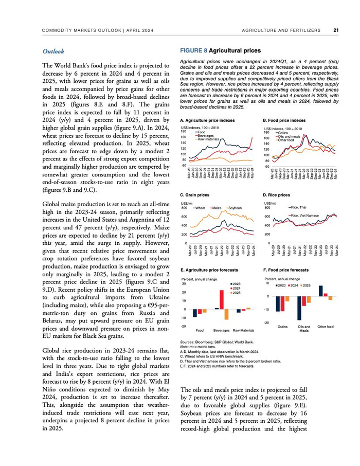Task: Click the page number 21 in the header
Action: click(x=335, y=30)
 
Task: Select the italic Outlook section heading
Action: click(x=53, y=51)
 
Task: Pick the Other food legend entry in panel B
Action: click(x=287, y=140)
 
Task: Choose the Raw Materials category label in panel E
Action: click(x=244, y=330)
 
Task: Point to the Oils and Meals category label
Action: click(x=304, y=329)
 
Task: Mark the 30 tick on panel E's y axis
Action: click(x=184, y=283)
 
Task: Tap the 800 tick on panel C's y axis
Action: click(x=184, y=208)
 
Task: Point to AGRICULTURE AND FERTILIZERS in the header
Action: click(x=281, y=30)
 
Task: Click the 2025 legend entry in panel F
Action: click(x=307, y=285)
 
